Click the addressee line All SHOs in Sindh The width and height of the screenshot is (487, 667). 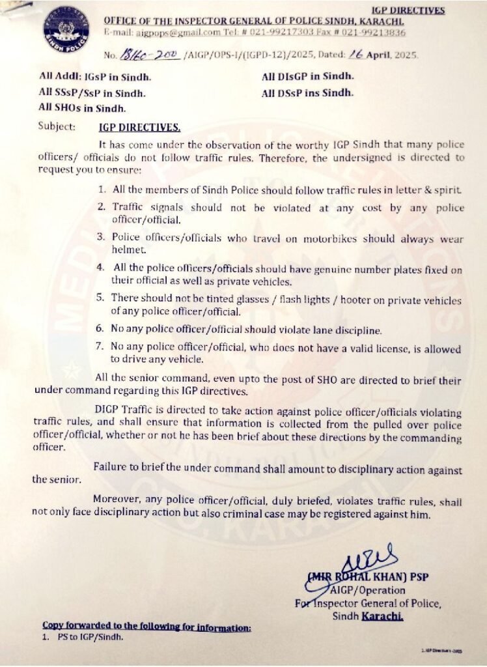click(x=82, y=107)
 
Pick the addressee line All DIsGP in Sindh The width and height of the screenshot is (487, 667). click(x=308, y=77)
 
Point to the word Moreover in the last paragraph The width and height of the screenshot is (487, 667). click(x=117, y=499)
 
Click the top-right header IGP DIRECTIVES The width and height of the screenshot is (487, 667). click(x=408, y=10)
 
